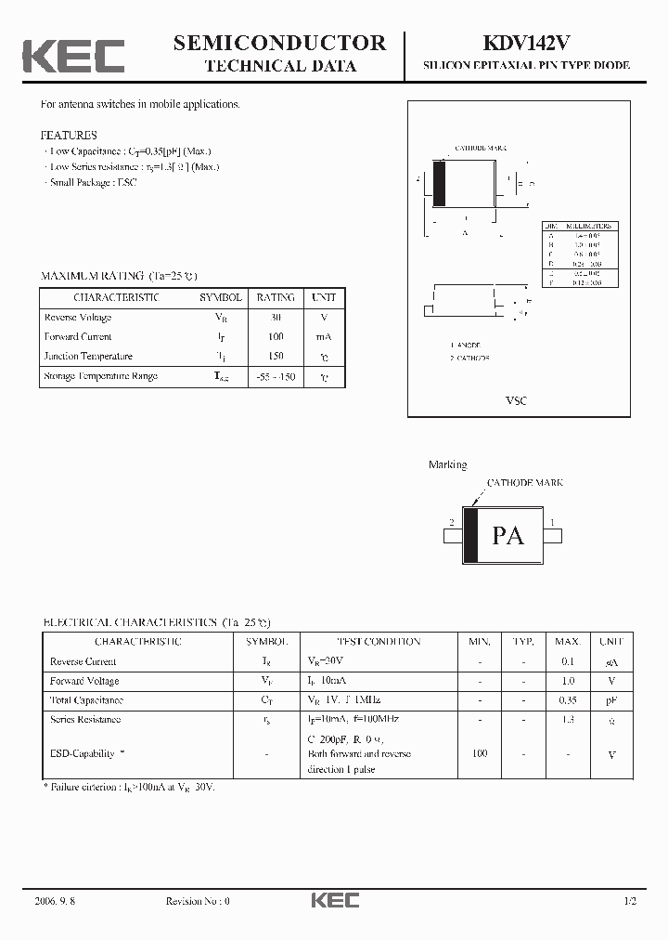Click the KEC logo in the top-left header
point(73,55)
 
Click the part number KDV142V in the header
point(526,43)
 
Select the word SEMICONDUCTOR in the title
point(279,42)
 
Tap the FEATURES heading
point(69,135)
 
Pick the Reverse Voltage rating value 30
point(276,317)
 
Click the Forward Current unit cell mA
point(323,336)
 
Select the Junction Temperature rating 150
point(276,356)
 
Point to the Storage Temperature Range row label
point(101,376)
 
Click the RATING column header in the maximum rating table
point(276,297)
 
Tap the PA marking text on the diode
point(507,535)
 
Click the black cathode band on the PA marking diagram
point(470,535)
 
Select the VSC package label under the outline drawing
point(516,400)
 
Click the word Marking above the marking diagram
point(447,464)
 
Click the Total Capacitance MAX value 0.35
point(567,700)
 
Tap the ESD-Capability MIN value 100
point(480,753)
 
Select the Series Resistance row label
point(85,720)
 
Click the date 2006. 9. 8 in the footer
point(55,901)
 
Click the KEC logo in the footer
point(334,900)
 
